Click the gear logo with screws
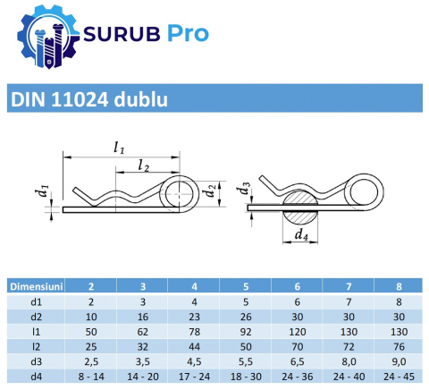(48, 38)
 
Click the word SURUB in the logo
(122, 33)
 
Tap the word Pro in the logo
(188, 33)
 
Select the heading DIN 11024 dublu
(89, 99)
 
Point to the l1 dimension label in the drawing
(119, 148)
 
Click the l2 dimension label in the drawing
(144, 165)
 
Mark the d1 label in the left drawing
(44, 191)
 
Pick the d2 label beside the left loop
(210, 190)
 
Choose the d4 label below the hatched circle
(301, 234)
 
